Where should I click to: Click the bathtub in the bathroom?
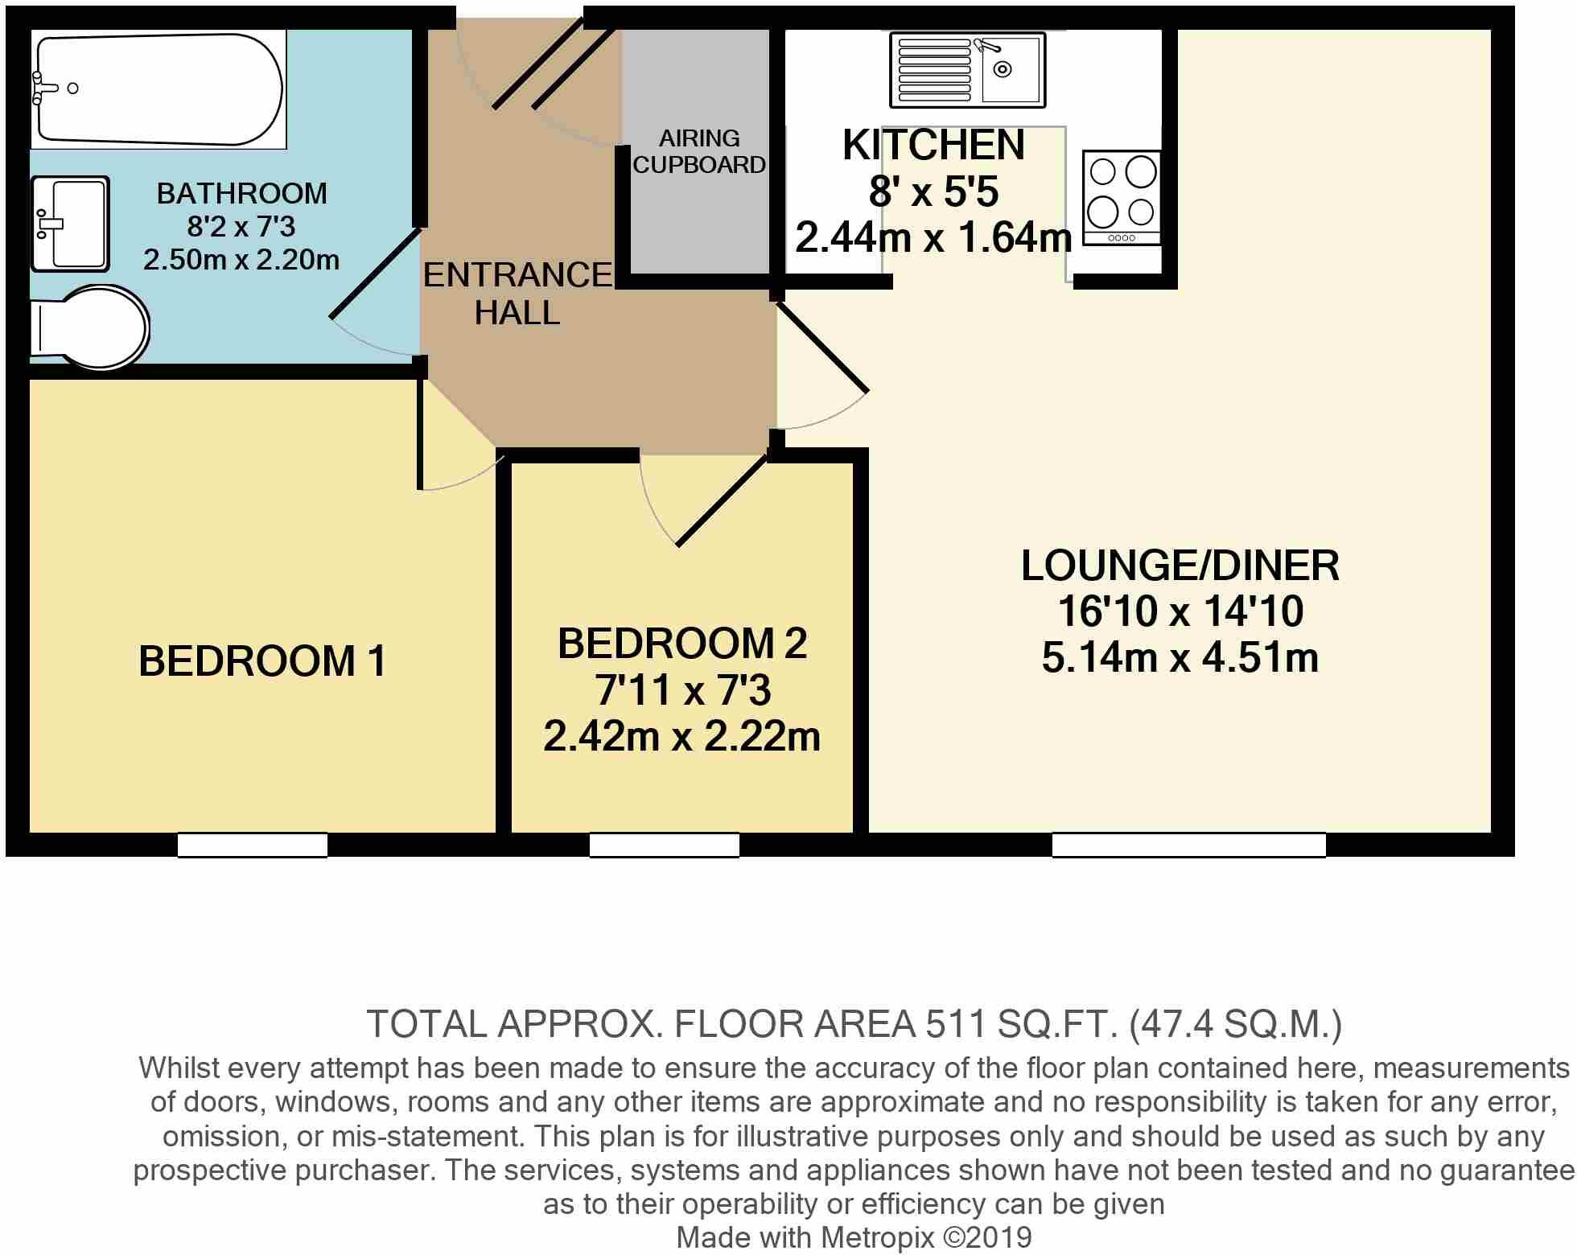pos(159,88)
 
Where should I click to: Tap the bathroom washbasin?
pos(70,224)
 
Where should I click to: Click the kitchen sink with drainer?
pos(967,70)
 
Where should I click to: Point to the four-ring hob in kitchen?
pos(1122,197)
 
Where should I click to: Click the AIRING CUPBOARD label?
pos(698,151)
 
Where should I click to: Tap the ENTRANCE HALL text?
pos(517,294)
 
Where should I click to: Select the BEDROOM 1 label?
pos(262,661)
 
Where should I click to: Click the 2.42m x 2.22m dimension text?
pos(681,736)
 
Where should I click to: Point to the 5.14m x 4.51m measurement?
pos(1180,657)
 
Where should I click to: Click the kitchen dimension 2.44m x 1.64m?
pos(933,238)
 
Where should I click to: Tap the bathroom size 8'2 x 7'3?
pos(241,227)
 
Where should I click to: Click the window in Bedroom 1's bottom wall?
pos(252,845)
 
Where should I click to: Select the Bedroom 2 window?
pos(664,845)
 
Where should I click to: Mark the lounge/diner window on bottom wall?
pos(1188,845)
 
